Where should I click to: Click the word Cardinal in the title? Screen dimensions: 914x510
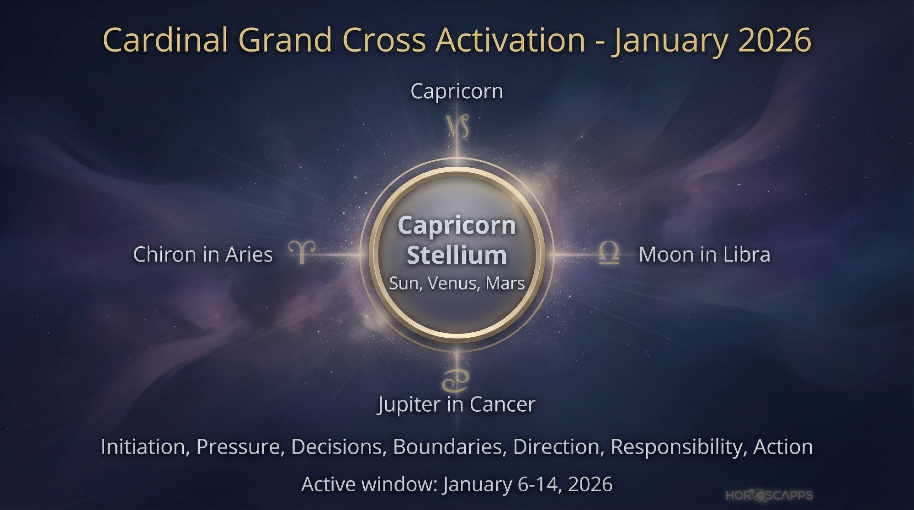(x=165, y=40)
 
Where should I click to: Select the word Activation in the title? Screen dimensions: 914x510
(x=510, y=40)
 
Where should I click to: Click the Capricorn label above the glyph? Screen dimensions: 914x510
(x=457, y=92)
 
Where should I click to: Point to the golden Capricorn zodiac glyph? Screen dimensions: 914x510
(x=457, y=126)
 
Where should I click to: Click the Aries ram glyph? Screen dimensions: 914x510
(x=302, y=252)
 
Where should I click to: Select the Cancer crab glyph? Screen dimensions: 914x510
(x=455, y=381)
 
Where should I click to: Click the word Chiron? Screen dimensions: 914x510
(x=164, y=255)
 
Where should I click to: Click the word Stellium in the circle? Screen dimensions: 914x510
(x=457, y=255)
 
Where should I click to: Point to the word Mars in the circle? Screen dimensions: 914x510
(x=505, y=283)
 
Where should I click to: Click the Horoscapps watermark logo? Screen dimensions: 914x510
(x=769, y=495)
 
